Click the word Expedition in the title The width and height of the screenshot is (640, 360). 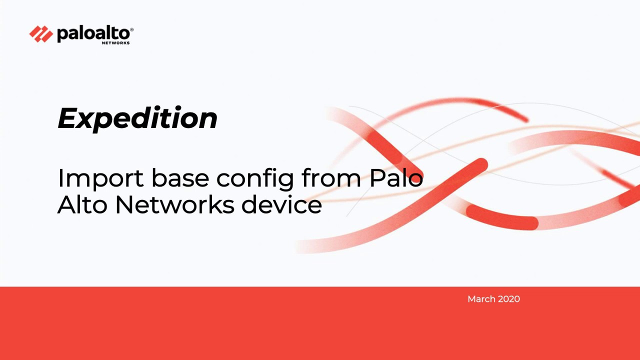pyautogui.click(x=137, y=118)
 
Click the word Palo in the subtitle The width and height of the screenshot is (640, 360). pyautogui.click(x=396, y=178)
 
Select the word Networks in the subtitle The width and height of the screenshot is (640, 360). pyautogui.click(x=174, y=205)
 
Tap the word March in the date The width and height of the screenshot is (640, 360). pyautogui.click(x=480, y=299)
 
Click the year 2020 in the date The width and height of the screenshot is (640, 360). pyautogui.click(x=508, y=299)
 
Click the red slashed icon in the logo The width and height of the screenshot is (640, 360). pyautogui.click(x=41, y=34)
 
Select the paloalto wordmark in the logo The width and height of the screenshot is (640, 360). pyautogui.click(x=93, y=33)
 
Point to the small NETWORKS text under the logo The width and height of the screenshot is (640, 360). pyautogui.click(x=115, y=43)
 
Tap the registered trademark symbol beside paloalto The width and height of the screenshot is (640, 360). pyautogui.click(x=131, y=30)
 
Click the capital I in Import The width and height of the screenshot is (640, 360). pyautogui.click(x=60, y=178)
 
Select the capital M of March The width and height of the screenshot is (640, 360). pyautogui.click(x=471, y=299)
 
